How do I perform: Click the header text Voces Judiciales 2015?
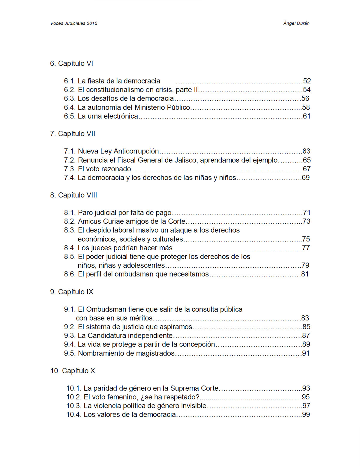(x=74, y=23)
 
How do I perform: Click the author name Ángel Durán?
(x=296, y=23)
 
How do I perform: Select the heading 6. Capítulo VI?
(x=71, y=64)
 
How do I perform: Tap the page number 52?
(x=307, y=81)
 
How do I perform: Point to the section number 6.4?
(x=70, y=107)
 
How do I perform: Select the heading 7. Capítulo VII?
(x=73, y=134)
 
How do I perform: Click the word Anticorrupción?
(x=136, y=151)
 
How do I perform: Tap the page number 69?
(x=306, y=178)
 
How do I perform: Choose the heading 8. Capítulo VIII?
(x=73, y=195)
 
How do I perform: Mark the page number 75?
(x=306, y=239)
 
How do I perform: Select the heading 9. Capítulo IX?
(x=72, y=292)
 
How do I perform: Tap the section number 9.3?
(x=70, y=336)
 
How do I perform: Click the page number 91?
(x=306, y=353)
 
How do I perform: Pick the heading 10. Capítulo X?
(x=73, y=371)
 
